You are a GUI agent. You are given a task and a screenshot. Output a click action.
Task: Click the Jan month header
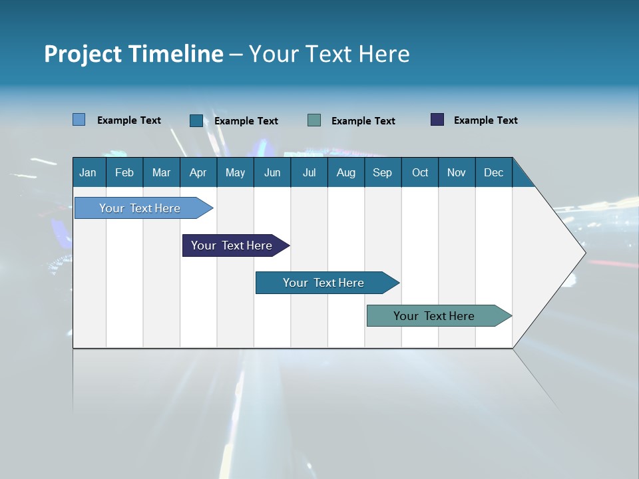pyautogui.click(x=88, y=172)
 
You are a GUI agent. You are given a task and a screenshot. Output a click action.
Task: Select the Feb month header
pyautogui.click(x=124, y=172)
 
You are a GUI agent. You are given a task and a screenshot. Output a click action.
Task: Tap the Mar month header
pyautogui.click(x=161, y=172)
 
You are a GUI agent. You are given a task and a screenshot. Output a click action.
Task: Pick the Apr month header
pyautogui.click(x=198, y=172)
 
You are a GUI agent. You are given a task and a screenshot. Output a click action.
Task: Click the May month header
pyautogui.click(x=235, y=172)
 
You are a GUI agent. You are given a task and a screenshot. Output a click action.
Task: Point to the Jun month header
pyautogui.click(x=272, y=172)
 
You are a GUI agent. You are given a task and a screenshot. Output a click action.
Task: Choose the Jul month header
pyautogui.click(x=309, y=172)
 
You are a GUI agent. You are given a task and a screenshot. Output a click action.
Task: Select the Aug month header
pyautogui.click(x=345, y=172)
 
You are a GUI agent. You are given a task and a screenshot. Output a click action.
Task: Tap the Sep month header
pyautogui.click(x=382, y=172)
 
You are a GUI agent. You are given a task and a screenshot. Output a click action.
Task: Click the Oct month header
pyautogui.click(x=420, y=172)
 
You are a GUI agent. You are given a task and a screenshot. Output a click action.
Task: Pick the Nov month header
pyautogui.click(x=457, y=172)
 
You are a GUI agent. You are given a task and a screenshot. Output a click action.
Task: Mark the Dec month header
pyautogui.click(x=493, y=172)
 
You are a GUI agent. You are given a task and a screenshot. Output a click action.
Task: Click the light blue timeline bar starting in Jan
pyautogui.click(x=140, y=208)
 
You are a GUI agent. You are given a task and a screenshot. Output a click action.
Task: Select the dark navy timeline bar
pyautogui.click(x=232, y=245)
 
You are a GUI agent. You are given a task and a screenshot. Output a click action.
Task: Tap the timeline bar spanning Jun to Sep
pyautogui.click(x=323, y=283)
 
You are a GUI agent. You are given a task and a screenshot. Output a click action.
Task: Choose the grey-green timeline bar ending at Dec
pyautogui.click(x=434, y=316)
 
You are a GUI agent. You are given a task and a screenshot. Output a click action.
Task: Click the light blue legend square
pyautogui.click(x=79, y=120)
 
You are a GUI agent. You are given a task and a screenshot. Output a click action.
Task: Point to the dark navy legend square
pyautogui.click(x=437, y=120)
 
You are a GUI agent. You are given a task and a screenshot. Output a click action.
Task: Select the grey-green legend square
pyautogui.click(x=314, y=120)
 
